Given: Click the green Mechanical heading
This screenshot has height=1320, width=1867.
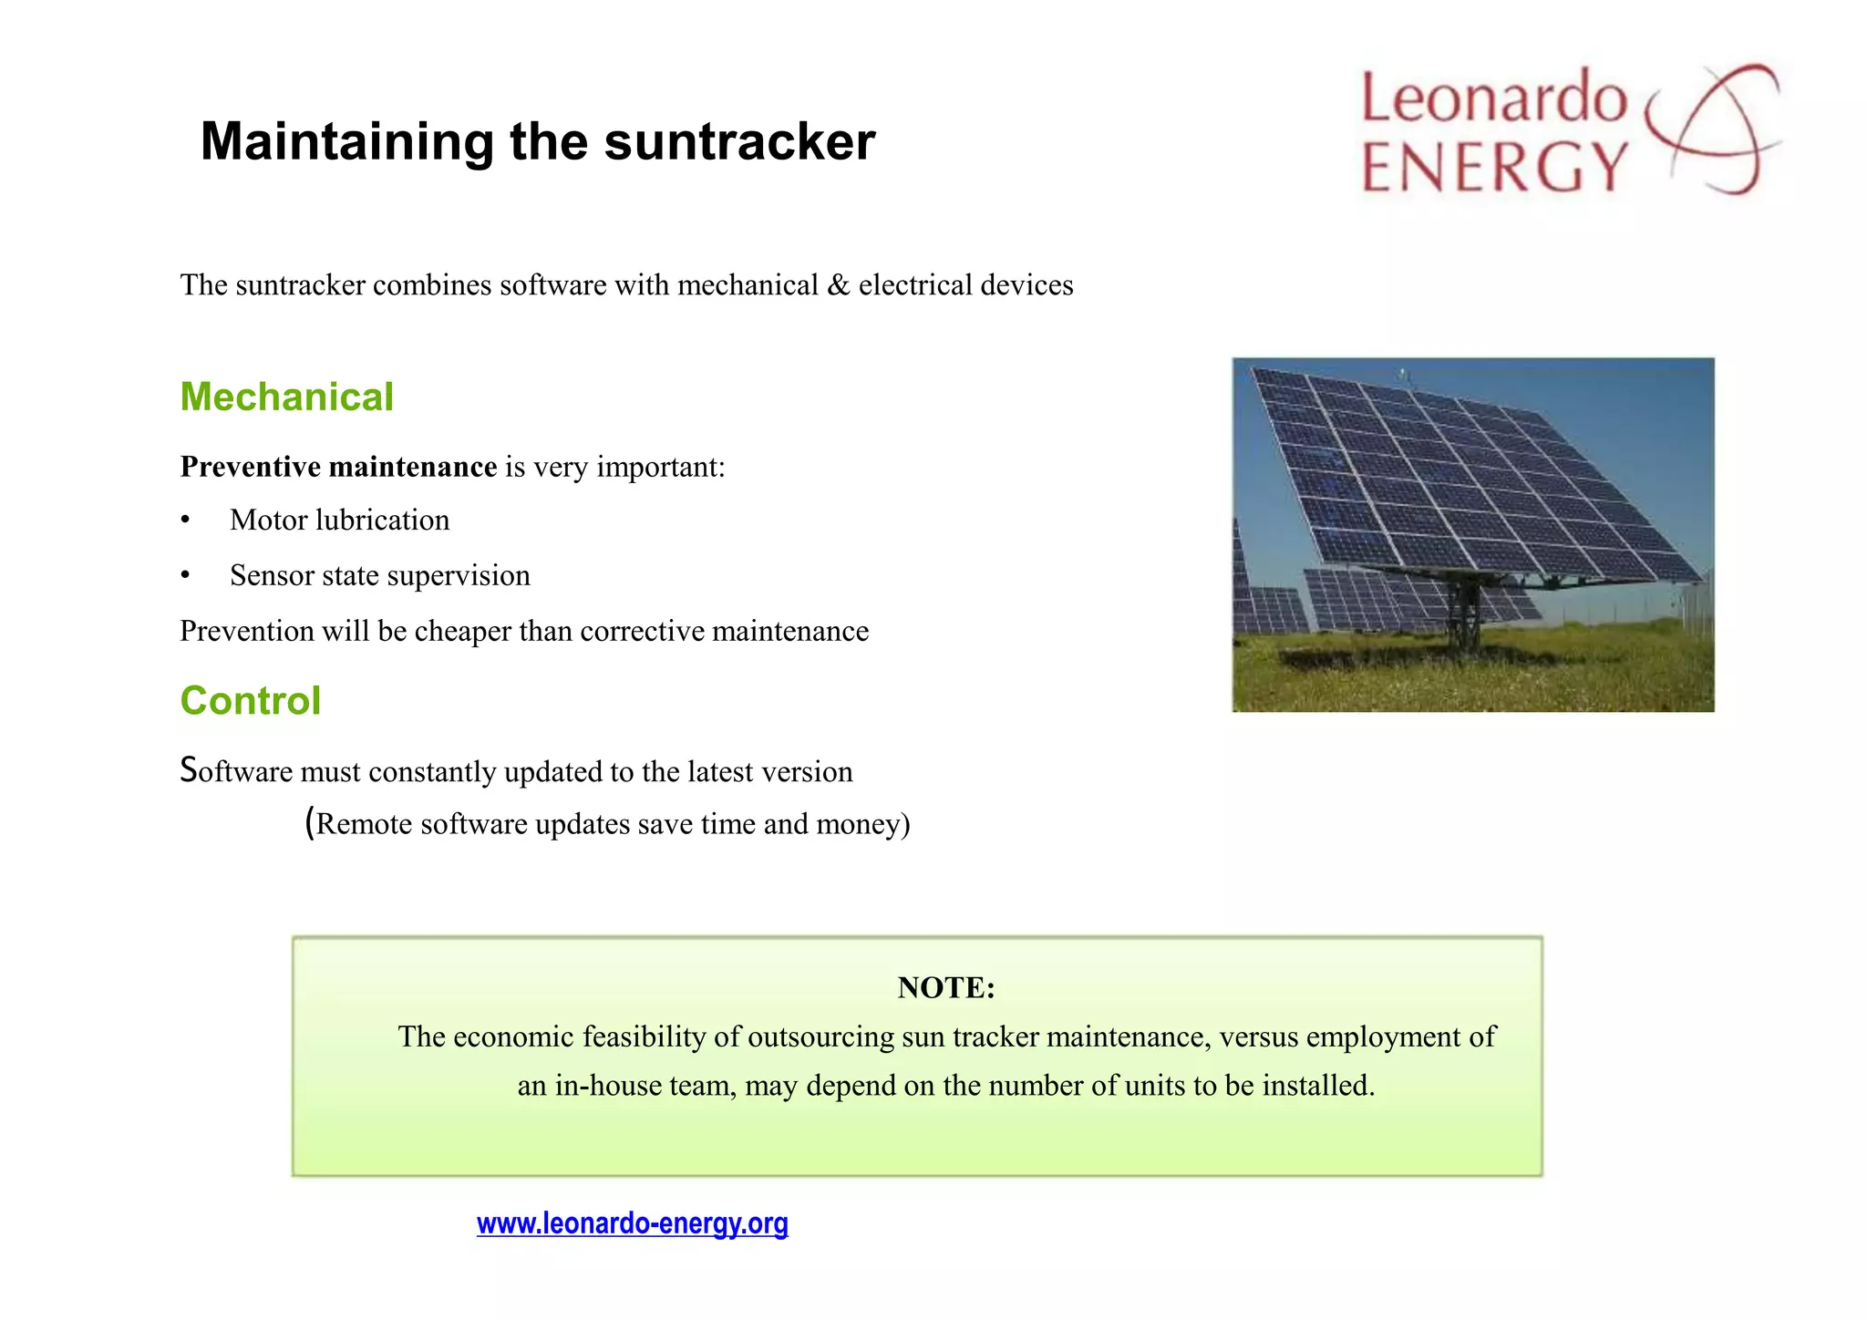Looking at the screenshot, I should [x=286, y=397].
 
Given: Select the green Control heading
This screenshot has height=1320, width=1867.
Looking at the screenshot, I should [x=251, y=701].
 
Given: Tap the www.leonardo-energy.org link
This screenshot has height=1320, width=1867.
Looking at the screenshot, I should [x=632, y=1223].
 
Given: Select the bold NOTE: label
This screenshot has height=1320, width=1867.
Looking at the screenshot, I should [x=945, y=987].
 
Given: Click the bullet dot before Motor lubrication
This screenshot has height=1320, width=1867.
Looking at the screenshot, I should [x=185, y=521].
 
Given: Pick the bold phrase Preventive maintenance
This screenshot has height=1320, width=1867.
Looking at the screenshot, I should [x=338, y=467].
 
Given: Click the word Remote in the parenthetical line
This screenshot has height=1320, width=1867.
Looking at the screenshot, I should [x=364, y=824].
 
